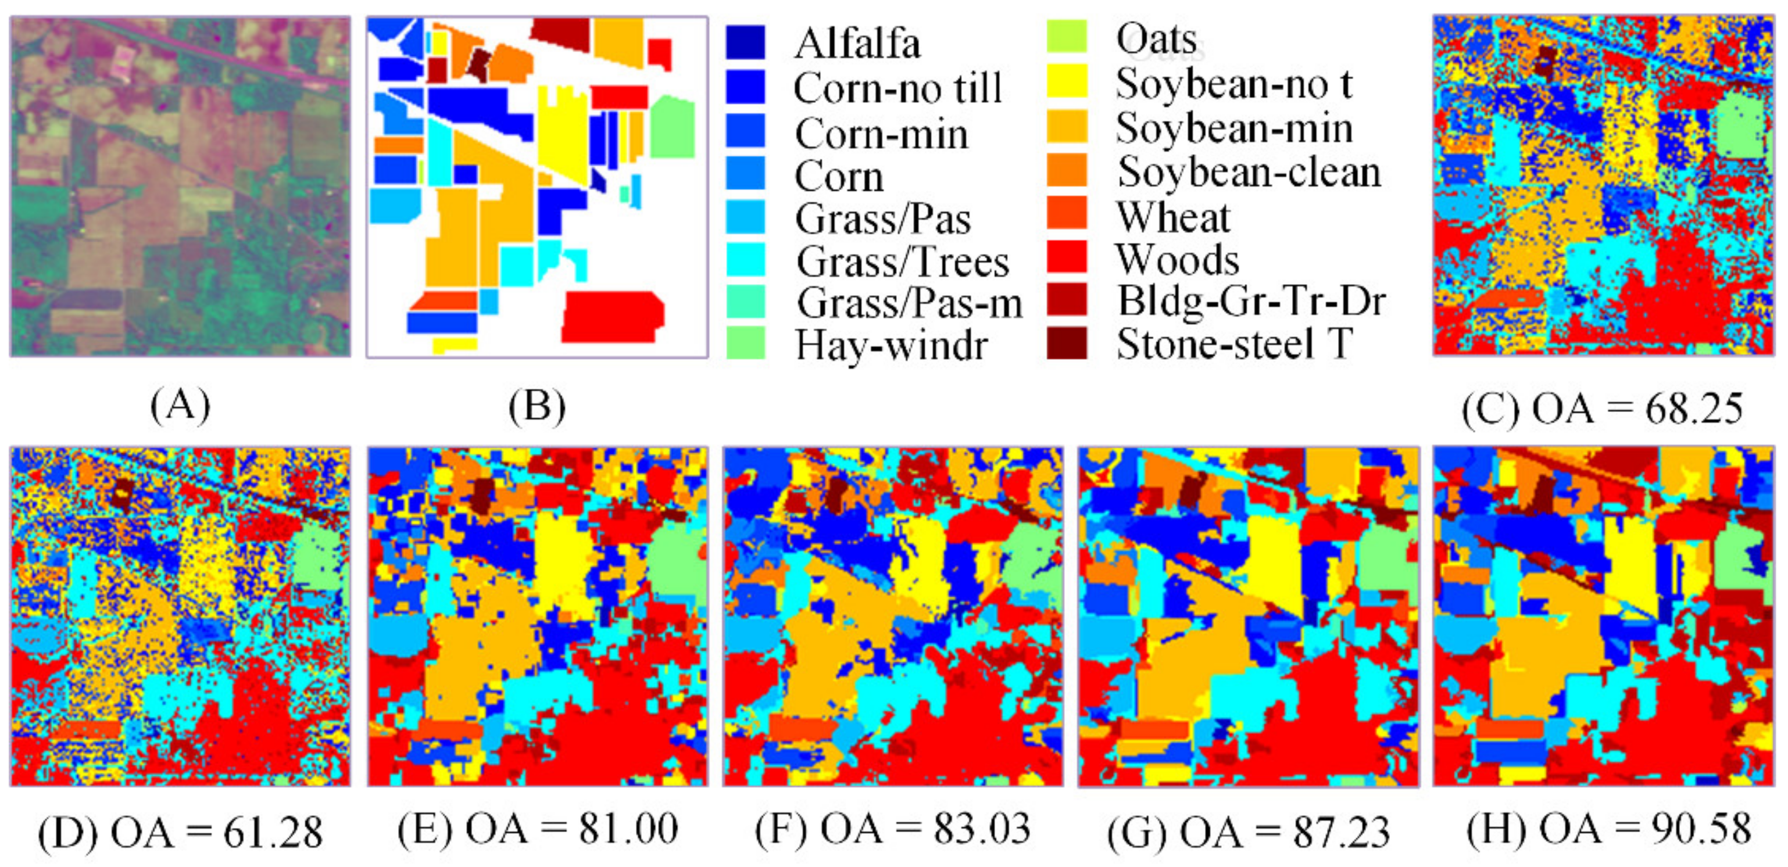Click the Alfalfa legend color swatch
click(745, 43)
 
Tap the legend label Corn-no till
click(897, 88)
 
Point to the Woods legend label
click(1177, 260)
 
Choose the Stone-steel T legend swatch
click(1066, 343)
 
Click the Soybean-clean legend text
click(1249, 172)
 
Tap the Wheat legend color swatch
click(1066, 213)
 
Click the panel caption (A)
click(180, 406)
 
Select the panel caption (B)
click(537, 407)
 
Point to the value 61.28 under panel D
click(273, 832)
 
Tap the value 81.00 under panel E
click(628, 829)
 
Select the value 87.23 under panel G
click(1341, 832)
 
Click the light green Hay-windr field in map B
click(672, 128)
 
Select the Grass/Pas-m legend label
click(909, 303)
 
